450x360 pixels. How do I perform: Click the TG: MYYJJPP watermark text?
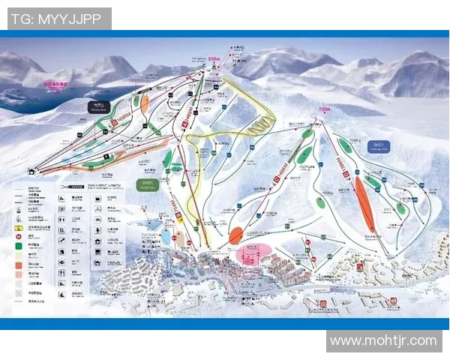point(56,19)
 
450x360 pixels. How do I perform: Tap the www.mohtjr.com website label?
point(383,341)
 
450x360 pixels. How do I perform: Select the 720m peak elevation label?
point(324,109)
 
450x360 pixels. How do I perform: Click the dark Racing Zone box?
point(97,106)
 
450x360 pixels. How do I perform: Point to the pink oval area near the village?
point(253,253)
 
